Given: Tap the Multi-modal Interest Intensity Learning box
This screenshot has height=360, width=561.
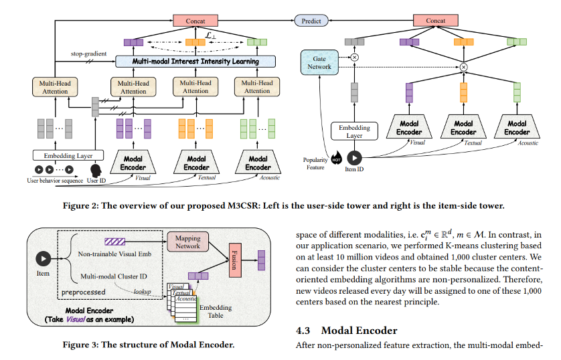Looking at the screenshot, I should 195,62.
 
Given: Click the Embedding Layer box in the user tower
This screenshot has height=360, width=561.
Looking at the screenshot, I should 64,156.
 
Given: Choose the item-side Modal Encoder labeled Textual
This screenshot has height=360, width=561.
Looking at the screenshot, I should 463,128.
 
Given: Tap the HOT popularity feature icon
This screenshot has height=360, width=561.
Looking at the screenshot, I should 337,159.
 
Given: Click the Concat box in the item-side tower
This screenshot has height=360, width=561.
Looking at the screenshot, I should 436,21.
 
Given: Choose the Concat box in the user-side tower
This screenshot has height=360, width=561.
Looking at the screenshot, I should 195,21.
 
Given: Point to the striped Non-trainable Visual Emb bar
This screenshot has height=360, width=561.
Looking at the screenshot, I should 115,240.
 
